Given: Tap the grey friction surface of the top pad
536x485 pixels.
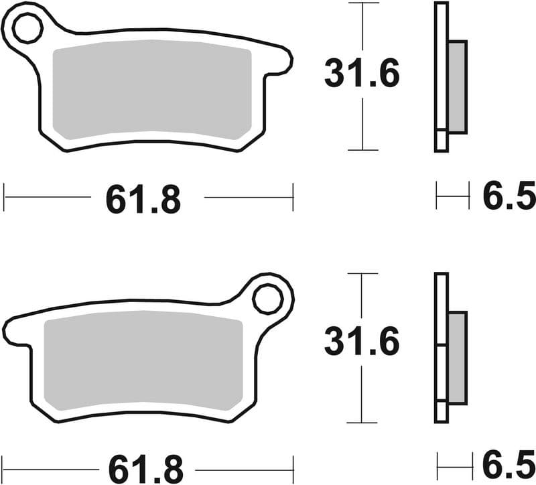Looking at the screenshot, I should pos(152,90).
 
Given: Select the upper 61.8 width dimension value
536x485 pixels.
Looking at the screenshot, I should pos(143,199).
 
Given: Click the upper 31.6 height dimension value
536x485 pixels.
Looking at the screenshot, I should pos(362,73).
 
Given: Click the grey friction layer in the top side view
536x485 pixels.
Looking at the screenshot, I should pos(457,86).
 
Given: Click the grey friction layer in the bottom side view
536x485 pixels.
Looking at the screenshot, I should pos(457,358).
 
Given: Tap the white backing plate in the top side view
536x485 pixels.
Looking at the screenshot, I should pos(441,67).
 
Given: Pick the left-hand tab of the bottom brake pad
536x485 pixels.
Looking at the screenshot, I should pos(15,332).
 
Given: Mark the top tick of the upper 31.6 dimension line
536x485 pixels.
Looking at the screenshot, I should pos(362,3).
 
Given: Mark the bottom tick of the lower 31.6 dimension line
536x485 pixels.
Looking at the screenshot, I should pos(362,423).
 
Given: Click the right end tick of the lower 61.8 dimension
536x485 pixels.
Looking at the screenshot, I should pos(293,464).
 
